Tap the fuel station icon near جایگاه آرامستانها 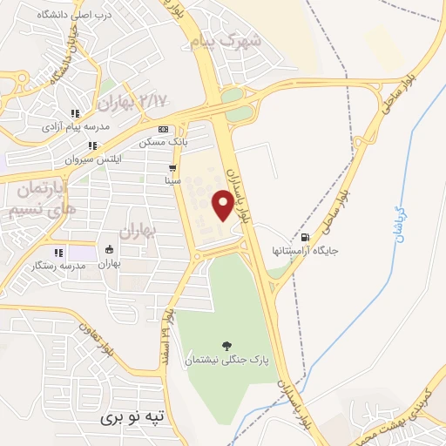(x=304, y=237)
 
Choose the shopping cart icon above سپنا (x=172, y=168)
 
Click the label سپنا (x=172, y=180)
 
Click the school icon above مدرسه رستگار (x=58, y=253)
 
